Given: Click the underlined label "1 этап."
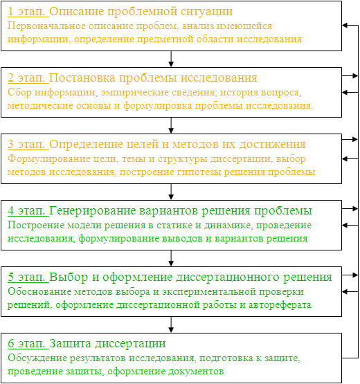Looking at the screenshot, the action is (x=28, y=12).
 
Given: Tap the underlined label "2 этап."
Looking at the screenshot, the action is (x=28, y=78).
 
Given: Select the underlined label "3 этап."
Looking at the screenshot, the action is (x=28, y=144).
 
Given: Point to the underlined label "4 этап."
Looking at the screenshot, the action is (x=28, y=210).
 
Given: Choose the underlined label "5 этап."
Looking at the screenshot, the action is (x=28, y=277).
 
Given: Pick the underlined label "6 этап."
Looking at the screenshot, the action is (x=28, y=344).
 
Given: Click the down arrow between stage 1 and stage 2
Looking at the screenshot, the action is (x=171, y=59).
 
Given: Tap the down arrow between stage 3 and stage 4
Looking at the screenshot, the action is (x=171, y=192).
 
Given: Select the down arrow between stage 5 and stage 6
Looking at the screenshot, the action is (x=171, y=324).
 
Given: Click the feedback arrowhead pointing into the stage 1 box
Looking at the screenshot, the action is (x=345, y=25).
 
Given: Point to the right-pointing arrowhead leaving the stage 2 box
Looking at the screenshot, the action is (x=355, y=76).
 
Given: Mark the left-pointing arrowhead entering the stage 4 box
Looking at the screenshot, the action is (x=345, y=225).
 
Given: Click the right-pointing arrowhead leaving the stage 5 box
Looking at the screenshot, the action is (x=355, y=275).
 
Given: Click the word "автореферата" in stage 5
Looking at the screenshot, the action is (x=280, y=305).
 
